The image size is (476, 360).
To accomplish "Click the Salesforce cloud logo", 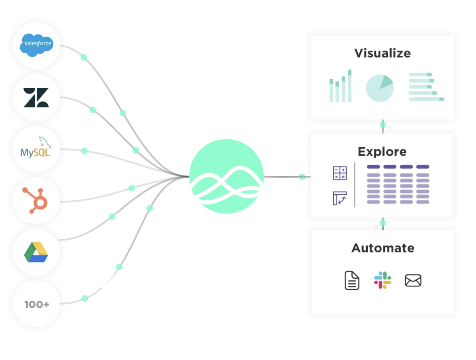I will [x=37, y=44].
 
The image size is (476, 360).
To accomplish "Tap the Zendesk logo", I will [x=36, y=97].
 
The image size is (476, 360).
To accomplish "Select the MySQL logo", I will [x=36, y=149].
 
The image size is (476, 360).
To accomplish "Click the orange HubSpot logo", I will [x=36, y=200].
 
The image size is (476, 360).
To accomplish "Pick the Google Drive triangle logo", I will [x=36, y=252].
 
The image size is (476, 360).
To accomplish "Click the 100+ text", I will [x=37, y=304].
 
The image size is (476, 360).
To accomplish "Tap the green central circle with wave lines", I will [x=226, y=176].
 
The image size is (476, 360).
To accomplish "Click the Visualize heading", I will [x=382, y=53].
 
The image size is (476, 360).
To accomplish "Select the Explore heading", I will [x=382, y=151].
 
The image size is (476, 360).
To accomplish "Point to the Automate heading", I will [x=382, y=248].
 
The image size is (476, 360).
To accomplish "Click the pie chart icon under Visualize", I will [x=379, y=88].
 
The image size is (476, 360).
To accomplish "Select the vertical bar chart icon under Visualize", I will [x=340, y=86].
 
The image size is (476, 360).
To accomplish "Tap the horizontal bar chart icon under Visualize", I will [x=426, y=87].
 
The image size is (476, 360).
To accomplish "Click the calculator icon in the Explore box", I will [x=340, y=173].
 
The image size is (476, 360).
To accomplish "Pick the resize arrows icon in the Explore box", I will [x=340, y=198].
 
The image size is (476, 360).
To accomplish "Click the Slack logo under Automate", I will [x=382, y=280].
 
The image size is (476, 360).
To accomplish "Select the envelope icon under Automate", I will [x=413, y=280].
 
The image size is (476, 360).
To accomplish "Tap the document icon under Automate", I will [x=352, y=280].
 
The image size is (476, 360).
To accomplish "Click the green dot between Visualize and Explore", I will [x=383, y=125].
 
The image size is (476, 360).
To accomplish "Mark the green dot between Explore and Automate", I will [x=383, y=223].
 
